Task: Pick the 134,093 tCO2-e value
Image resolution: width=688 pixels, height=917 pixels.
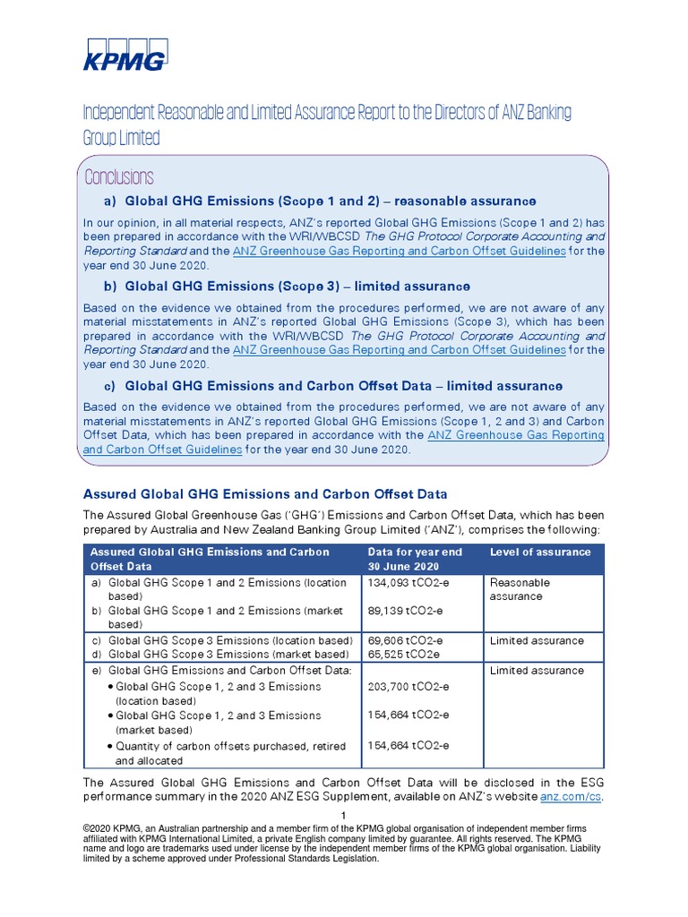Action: [408, 583]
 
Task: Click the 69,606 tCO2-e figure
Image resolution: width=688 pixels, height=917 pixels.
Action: [405, 641]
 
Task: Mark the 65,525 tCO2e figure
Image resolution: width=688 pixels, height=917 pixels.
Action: [403, 655]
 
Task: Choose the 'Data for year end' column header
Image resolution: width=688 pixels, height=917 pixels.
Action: [415, 553]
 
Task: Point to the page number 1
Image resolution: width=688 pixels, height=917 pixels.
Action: [343, 814]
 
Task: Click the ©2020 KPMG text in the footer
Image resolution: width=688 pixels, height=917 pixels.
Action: [116, 827]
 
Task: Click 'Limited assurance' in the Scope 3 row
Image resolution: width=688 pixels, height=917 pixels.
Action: [537, 641]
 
